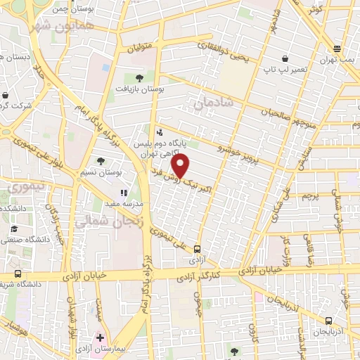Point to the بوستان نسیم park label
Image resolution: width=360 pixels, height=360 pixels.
(x=110, y=172)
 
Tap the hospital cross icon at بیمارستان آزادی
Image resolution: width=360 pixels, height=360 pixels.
(x=101, y=337)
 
